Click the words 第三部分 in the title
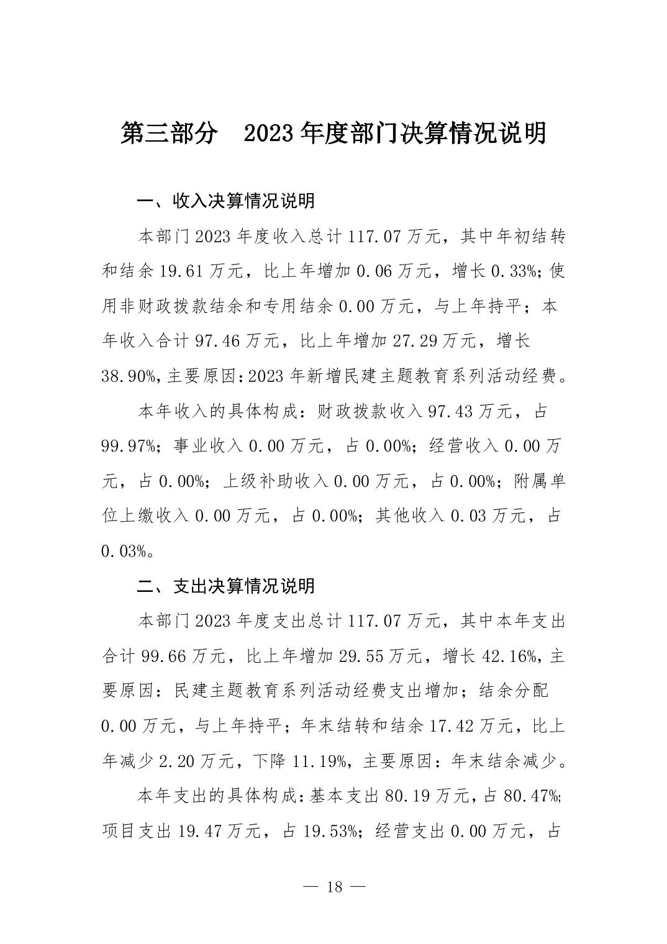point(169,133)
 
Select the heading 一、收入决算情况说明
point(226,201)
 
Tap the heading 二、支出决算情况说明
point(226,586)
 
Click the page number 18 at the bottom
point(334,886)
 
